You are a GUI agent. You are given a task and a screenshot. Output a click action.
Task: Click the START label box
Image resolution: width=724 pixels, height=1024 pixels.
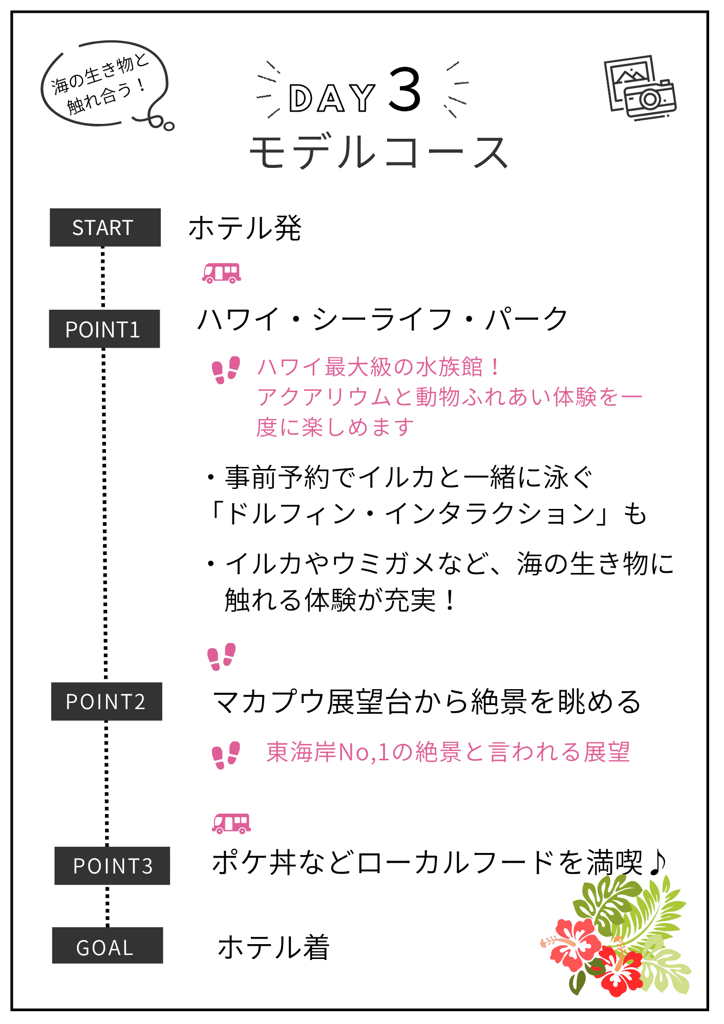105,227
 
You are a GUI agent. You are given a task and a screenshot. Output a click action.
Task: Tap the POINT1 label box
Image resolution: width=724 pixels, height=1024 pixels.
104,329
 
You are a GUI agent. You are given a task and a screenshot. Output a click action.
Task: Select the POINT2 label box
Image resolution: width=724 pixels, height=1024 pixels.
107,701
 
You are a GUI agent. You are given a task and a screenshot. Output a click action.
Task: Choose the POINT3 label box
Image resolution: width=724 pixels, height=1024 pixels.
112,866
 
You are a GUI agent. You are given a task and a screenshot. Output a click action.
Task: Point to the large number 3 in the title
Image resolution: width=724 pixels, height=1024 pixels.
405,91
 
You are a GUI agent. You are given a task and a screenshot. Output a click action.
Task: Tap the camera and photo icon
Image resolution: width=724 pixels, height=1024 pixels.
640,88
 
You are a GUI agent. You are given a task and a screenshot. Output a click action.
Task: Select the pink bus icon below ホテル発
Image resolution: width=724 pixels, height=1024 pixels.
221,273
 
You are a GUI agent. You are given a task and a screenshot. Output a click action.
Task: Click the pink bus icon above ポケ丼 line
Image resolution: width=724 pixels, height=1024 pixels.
231,823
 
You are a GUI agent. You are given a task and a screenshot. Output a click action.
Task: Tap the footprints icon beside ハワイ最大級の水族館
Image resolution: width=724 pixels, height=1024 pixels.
226,370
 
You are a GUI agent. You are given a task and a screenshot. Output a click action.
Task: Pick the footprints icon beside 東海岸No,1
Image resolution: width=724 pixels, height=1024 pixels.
226,755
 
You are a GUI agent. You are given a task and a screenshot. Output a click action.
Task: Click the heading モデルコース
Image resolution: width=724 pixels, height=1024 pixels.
378,152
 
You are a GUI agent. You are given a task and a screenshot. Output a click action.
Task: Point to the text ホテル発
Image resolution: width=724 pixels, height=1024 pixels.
245,228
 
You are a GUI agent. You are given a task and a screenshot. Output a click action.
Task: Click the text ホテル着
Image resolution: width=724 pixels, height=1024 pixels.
273,947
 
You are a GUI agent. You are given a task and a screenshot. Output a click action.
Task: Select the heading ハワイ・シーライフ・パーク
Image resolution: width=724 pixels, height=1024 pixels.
382,319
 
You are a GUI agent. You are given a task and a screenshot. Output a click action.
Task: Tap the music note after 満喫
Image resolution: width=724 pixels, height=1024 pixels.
657,862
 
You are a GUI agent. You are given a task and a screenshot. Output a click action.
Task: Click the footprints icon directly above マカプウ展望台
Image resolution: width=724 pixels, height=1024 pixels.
221,656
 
